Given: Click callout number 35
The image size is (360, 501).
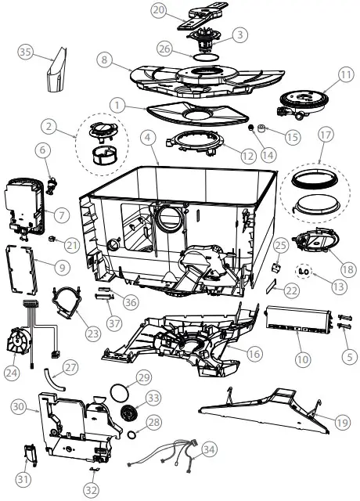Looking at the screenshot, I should [25, 52].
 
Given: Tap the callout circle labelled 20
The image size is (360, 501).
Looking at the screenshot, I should [158, 9].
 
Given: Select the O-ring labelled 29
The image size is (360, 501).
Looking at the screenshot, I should [120, 389].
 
